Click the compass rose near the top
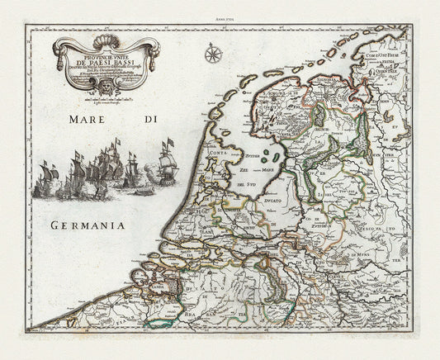pyautogui.click(x=213, y=56)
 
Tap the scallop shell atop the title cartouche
pyautogui.click(x=103, y=42)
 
